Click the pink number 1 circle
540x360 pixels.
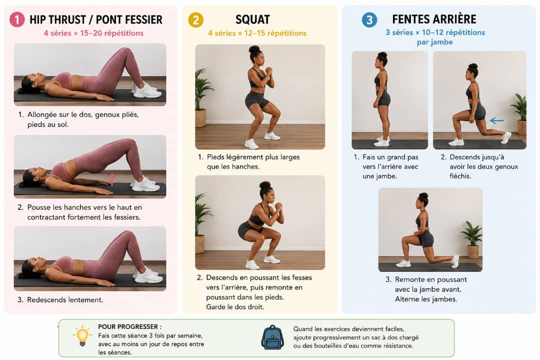(17, 19)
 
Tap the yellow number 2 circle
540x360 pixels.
(195, 20)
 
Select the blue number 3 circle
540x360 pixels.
(369, 19)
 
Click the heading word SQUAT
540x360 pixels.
(253, 19)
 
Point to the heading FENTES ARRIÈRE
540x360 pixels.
(434, 19)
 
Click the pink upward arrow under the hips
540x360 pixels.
(112, 179)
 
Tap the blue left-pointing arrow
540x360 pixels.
(496, 120)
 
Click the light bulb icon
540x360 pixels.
(82, 336)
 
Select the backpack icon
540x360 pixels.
(272, 337)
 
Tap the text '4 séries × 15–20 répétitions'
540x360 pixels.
(93, 33)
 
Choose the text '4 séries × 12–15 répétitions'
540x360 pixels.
(257, 33)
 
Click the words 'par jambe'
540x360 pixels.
(434, 42)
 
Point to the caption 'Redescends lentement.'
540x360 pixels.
(65, 299)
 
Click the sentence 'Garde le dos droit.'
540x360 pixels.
(235, 306)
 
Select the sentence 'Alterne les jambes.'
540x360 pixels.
(426, 299)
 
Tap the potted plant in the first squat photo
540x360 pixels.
(201, 98)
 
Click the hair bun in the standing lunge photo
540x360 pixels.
(382, 55)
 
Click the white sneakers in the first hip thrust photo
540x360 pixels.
(146, 90)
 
